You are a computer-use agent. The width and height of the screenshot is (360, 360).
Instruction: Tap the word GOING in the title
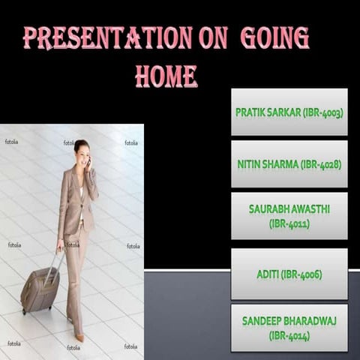(274, 38)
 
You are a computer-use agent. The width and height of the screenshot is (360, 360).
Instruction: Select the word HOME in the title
(166, 75)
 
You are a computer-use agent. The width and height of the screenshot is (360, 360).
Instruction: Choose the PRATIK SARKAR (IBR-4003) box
(289, 112)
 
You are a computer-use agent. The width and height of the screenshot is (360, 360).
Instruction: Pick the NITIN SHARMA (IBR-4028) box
(289, 163)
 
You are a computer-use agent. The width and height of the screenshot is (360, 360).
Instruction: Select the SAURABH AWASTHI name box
(289, 215)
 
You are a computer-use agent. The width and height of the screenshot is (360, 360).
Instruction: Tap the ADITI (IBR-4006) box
(289, 274)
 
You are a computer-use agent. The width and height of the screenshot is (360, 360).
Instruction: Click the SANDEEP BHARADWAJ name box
(289, 328)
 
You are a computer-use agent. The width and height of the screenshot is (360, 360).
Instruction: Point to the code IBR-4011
(289, 223)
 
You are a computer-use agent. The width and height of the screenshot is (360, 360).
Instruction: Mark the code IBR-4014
(289, 336)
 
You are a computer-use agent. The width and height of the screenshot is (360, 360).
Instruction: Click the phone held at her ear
(88, 160)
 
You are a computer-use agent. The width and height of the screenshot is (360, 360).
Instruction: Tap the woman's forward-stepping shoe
(79, 337)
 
